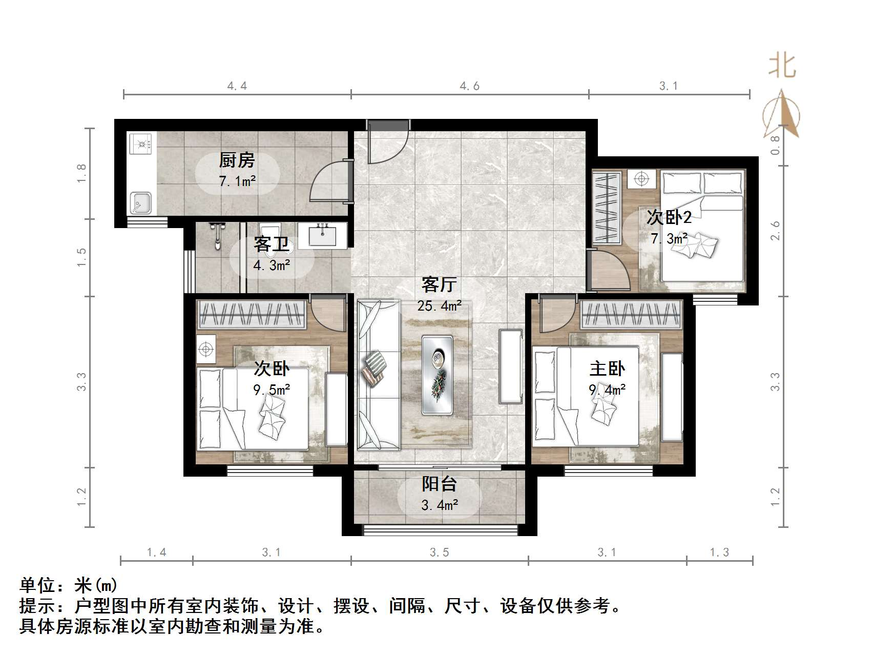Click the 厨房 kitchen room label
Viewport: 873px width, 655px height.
[237, 161]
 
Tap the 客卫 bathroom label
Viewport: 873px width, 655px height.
[271, 244]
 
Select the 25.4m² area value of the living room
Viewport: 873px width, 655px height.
[439, 306]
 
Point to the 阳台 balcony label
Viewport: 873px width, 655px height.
[439, 484]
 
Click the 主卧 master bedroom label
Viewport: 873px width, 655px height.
[607, 369]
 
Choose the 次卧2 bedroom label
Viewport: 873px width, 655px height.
[669, 218]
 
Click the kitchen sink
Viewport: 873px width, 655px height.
[140, 203]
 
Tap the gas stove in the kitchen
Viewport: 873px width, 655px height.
[141, 144]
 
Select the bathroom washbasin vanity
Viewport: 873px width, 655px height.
[323, 236]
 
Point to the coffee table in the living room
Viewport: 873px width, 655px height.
[437, 375]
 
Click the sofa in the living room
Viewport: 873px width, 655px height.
[378, 375]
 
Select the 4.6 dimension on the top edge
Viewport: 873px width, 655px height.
[469, 86]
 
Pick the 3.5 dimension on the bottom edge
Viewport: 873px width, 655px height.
[440, 552]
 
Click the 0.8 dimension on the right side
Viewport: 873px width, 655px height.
[775, 145]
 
